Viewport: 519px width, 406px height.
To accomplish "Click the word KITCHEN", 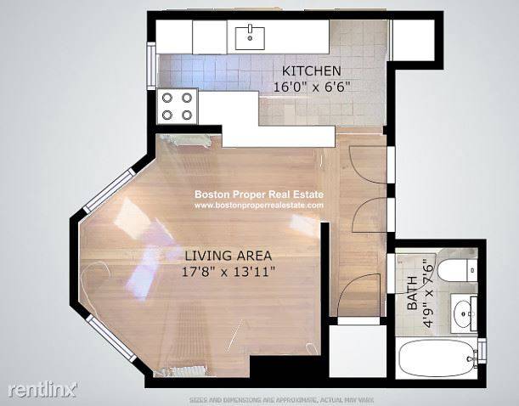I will click(313, 70).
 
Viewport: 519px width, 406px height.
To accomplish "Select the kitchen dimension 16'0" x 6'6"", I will click(313, 86).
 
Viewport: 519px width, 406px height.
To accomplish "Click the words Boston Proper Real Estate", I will click(259, 194).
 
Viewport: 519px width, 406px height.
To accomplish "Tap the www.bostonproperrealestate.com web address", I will click(259, 205).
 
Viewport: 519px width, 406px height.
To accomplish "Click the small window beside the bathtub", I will click(482, 349).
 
